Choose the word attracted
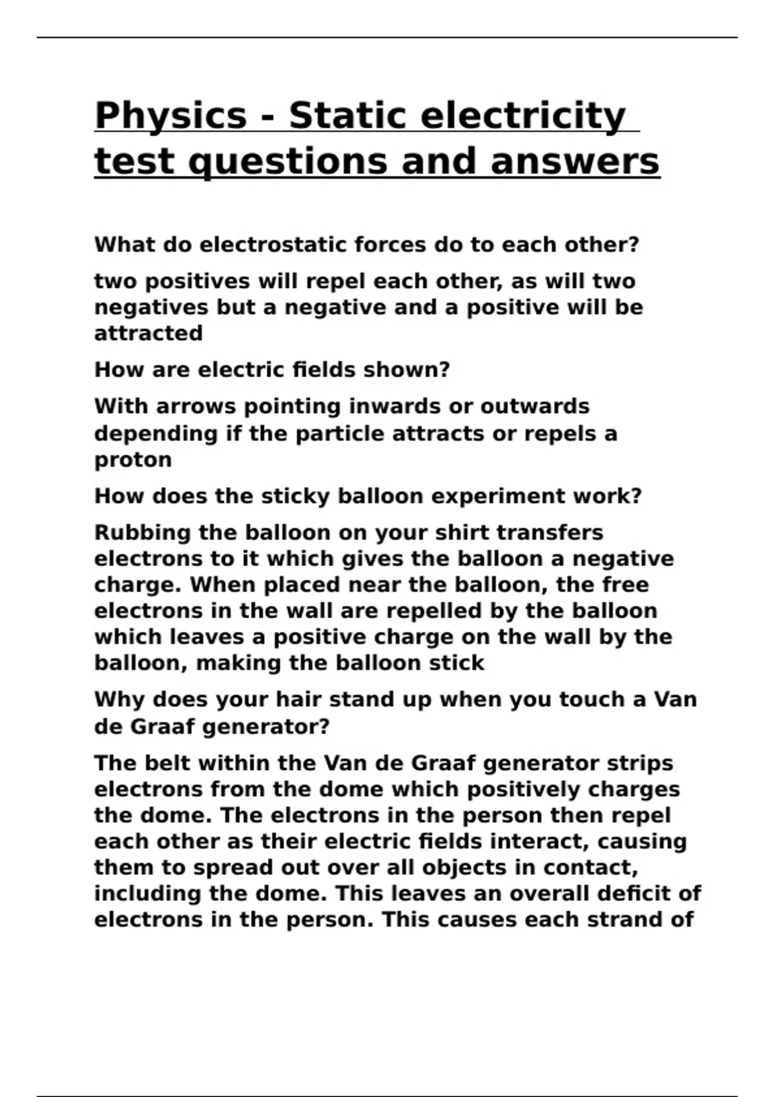[149, 334]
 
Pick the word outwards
[535, 407]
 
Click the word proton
[133, 461]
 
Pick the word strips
[639, 763]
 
